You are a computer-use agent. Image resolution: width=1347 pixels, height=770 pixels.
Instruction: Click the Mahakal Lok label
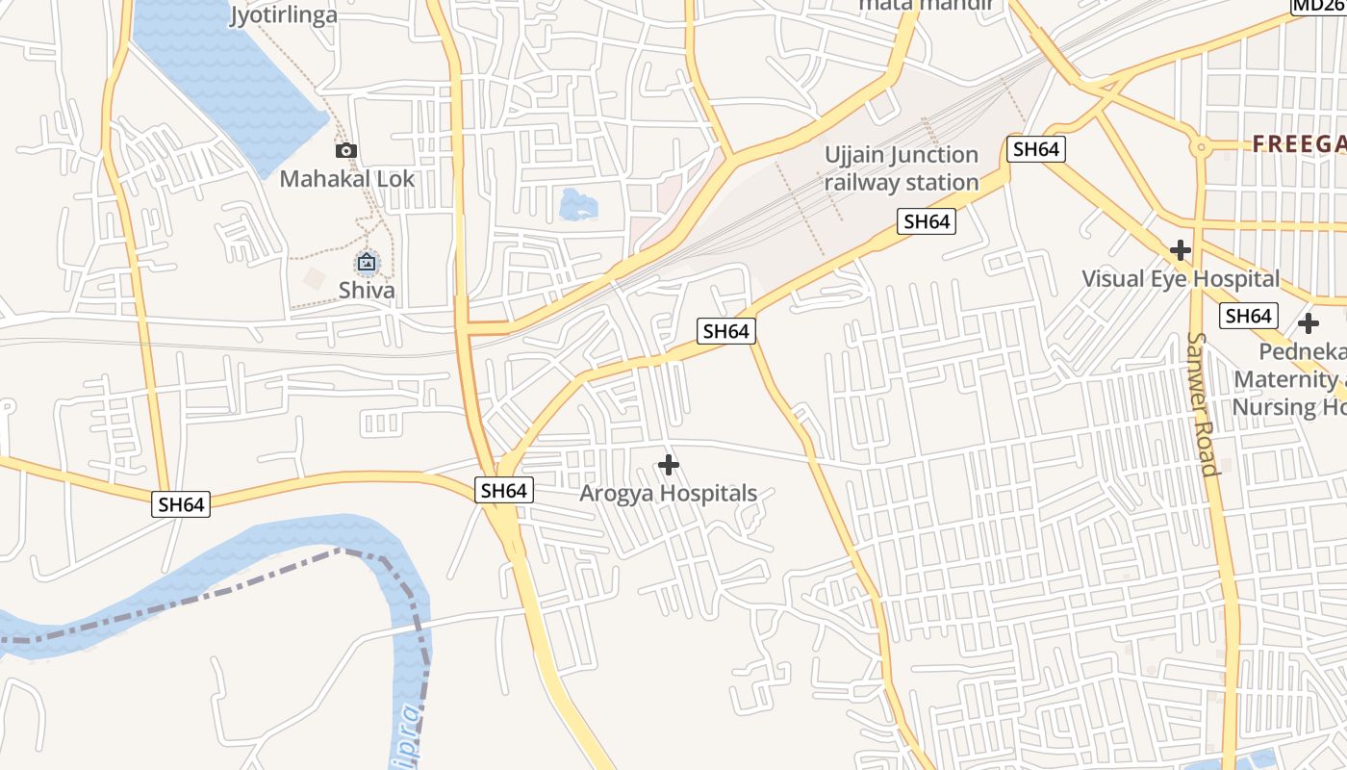tap(347, 179)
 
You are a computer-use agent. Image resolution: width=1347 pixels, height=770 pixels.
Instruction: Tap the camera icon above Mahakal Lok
tap(346, 150)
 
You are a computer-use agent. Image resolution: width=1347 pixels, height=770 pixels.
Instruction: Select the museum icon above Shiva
tap(367, 262)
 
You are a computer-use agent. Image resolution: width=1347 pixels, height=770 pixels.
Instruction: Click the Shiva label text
tap(367, 290)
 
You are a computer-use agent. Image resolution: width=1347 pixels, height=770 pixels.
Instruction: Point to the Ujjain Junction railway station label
tap(902, 168)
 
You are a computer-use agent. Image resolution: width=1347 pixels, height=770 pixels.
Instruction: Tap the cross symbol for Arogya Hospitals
tap(669, 466)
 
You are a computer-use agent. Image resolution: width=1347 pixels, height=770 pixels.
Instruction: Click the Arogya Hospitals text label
tap(669, 494)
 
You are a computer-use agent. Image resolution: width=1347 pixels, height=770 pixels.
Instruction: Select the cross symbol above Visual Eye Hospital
tap(1181, 251)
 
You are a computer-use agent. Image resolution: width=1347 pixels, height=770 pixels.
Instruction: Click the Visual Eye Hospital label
tap(1181, 279)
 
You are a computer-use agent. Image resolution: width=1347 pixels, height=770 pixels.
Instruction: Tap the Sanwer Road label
tap(1203, 404)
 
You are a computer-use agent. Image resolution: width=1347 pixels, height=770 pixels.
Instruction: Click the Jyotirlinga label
tap(284, 14)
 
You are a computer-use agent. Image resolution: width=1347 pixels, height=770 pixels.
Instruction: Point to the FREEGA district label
tap(1299, 144)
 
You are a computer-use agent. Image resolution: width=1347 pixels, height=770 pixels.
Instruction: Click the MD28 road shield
tap(1318, 6)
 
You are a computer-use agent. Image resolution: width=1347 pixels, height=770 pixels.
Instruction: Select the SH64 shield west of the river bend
tap(181, 504)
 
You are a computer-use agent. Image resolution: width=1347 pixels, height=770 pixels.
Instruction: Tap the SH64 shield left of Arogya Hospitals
tap(504, 491)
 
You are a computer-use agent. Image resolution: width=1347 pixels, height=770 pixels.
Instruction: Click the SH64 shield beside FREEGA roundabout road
tap(1036, 149)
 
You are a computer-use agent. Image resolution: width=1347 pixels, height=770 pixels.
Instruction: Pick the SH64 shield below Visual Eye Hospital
tap(1249, 316)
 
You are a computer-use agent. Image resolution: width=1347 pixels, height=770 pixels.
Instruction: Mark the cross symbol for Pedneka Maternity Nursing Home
tap(1309, 323)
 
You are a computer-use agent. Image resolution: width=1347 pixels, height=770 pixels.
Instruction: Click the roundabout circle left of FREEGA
tap(1200, 147)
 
